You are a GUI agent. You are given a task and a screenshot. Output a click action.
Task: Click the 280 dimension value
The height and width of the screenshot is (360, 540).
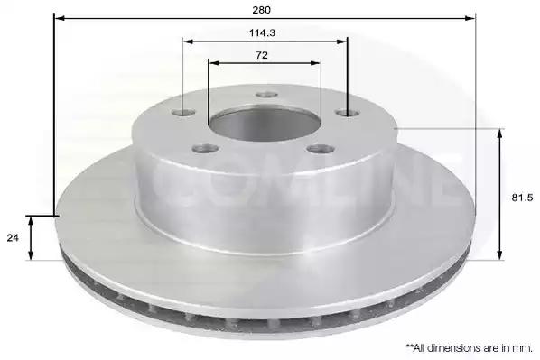pos(261,10)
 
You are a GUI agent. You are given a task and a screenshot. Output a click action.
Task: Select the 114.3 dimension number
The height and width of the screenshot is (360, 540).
pos(262,33)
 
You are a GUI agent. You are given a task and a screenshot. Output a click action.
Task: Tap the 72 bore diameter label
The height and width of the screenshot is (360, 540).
pos(262,55)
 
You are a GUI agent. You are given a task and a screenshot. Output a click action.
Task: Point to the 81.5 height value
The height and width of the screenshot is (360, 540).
pos(522,198)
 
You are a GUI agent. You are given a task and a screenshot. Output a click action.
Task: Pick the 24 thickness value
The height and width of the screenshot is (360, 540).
pos(13,238)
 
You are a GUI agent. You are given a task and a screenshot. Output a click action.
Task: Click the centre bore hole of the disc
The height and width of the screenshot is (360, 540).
pos(265,125)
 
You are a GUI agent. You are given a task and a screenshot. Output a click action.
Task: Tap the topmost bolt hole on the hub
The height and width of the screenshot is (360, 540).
pos(267,95)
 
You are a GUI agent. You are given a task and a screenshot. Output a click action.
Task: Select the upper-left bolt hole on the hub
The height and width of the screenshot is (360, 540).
pos(183,112)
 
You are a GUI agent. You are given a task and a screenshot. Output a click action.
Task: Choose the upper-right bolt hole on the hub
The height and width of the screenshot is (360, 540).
pos(348,113)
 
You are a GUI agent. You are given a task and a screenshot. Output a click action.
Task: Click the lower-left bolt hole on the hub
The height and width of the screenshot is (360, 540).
pos(206,149)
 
